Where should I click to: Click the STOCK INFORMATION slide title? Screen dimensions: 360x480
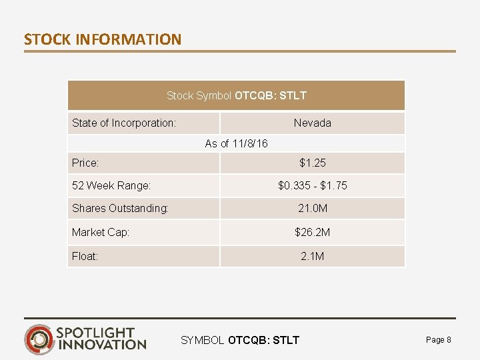(x=103, y=39)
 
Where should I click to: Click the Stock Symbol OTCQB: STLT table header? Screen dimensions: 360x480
(x=237, y=95)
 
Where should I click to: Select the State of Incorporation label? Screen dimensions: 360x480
(x=124, y=123)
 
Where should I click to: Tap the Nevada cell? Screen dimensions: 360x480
(x=312, y=123)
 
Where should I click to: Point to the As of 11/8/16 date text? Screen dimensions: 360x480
(x=237, y=143)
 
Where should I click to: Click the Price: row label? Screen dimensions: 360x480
(x=85, y=163)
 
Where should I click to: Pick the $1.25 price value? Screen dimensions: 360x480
(x=312, y=163)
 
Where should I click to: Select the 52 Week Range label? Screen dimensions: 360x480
(x=111, y=185)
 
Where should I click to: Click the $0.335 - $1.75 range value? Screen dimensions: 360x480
(x=312, y=185)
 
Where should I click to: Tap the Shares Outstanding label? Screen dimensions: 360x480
(x=120, y=208)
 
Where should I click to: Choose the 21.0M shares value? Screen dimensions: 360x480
(x=312, y=208)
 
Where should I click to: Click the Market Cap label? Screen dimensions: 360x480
(x=101, y=232)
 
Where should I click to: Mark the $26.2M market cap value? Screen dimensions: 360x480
(x=312, y=232)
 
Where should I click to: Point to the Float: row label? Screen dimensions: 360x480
(x=85, y=256)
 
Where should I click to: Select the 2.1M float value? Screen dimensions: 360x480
(x=312, y=256)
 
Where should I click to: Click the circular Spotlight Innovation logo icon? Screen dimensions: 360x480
(x=39, y=339)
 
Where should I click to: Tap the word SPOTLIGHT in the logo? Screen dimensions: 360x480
(x=96, y=332)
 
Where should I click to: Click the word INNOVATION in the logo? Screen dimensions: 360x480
(x=102, y=345)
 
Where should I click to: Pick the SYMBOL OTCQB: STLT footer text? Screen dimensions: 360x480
(x=240, y=341)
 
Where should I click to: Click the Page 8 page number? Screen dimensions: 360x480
(x=438, y=340)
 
